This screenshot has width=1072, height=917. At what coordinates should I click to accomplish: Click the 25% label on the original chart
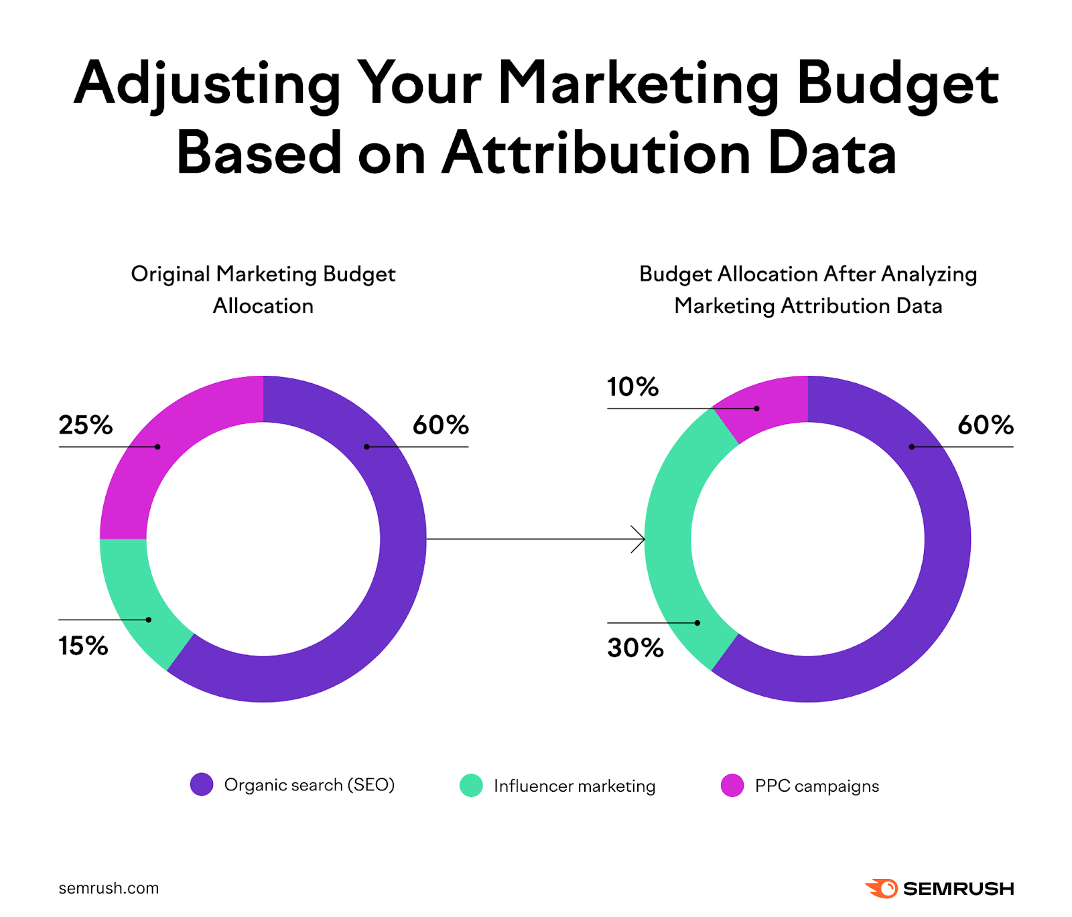tap(85, 425)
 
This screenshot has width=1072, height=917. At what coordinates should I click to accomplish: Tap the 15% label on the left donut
tap(83, 646)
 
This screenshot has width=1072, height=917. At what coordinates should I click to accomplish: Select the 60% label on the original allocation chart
tap(440, 425)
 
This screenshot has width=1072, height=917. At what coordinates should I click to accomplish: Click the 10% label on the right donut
tap(632, 386)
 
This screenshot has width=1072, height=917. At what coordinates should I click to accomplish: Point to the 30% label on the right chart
tap(635, 648)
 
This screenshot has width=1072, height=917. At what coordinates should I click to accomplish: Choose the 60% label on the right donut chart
tap(985, 425)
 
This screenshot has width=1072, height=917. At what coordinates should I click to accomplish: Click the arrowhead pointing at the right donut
tap(640, 539)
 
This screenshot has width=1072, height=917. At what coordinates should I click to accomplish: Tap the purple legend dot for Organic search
tap(202, 784)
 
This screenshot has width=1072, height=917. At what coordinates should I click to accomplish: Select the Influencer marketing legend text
tap(574, 786)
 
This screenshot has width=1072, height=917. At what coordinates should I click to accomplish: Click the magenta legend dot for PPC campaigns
tap(732, 785)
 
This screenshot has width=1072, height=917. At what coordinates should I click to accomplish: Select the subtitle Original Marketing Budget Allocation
tap(263, 289)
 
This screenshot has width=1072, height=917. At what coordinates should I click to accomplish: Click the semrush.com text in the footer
tap(109, 888)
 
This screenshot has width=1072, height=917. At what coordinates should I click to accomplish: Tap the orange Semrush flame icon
tap(882, 888)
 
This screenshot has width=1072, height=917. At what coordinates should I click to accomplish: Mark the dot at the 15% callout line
tap(149, 620)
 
